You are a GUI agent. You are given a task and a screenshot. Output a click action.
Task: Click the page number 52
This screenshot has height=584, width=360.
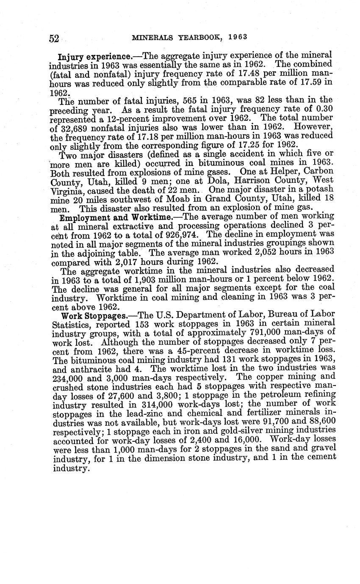54,39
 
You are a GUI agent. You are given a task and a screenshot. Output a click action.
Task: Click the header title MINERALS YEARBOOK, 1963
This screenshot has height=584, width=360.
189,37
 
